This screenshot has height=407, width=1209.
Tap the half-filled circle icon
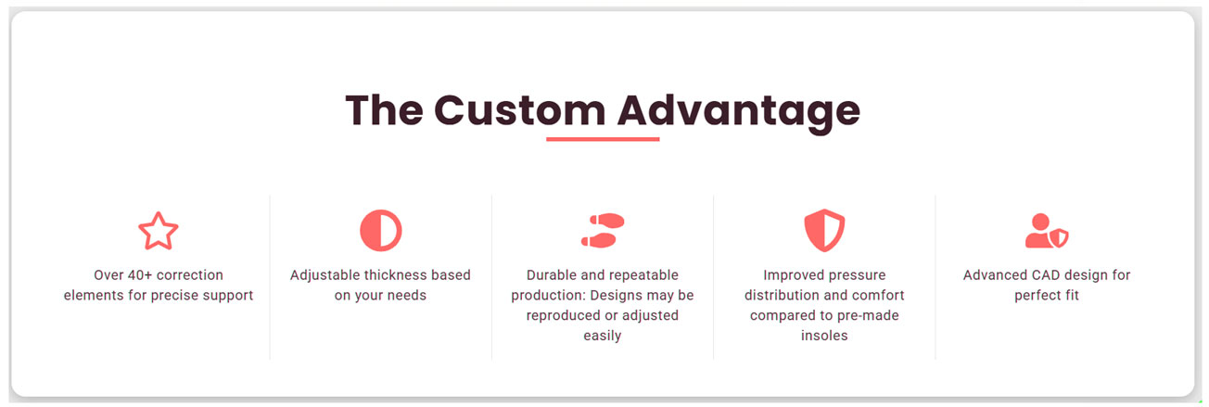380,231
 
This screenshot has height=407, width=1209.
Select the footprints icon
603,231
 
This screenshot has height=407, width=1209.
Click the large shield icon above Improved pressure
824,231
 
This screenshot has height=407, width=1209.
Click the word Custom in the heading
520,110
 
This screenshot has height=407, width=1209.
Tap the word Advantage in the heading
738,112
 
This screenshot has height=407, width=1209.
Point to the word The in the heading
384,110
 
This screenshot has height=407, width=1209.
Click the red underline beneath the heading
603,139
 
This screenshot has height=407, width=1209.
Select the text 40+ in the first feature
140,275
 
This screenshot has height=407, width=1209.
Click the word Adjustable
325,276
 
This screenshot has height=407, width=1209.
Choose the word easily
603,337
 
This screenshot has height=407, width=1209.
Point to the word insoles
824,336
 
